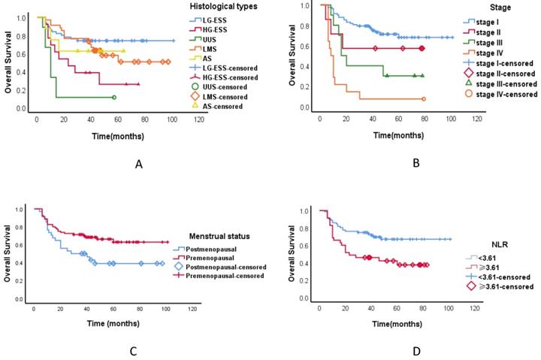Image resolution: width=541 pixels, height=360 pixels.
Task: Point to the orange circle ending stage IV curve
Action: [x=424, y=98]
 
